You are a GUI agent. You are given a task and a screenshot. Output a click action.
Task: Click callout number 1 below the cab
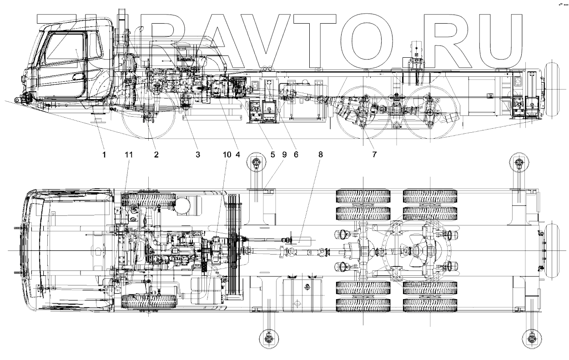[104, 155]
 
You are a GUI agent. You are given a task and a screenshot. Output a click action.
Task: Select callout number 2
[156, 155]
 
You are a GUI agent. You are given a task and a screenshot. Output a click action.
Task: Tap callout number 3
[198, 155]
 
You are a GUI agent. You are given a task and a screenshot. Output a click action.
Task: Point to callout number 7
[374, 155]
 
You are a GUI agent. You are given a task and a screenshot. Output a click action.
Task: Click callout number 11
[129, 155]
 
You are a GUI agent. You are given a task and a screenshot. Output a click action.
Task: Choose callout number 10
[227, 155]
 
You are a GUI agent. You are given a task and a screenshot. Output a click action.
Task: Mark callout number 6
[296, 155]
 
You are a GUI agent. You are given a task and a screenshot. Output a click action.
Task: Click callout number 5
[273, 155]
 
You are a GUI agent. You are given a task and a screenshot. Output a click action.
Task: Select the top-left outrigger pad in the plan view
[256, 163]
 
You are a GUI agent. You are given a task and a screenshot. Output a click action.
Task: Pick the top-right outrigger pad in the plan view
[519, 163]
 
